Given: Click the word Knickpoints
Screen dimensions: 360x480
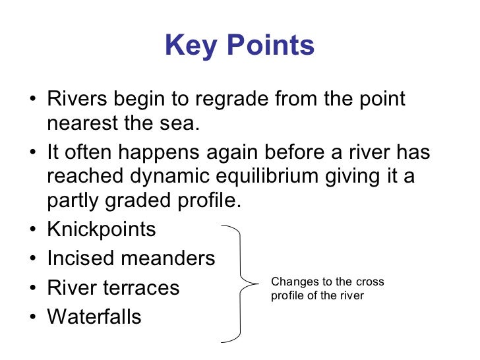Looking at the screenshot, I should click(102, 229).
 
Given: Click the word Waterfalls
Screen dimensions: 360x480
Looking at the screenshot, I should click(94, 316).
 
